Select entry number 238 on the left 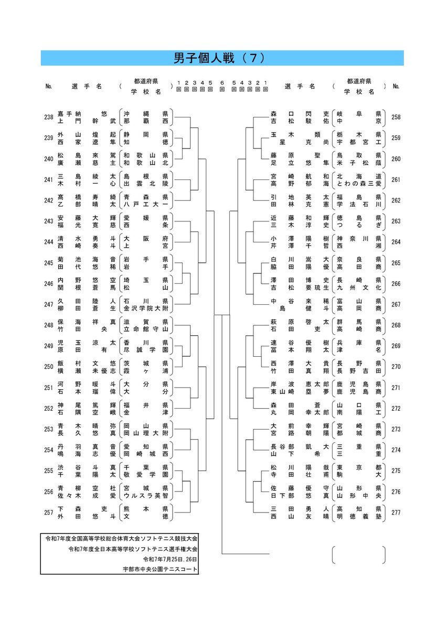pos(49,117)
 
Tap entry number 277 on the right pos(396,512)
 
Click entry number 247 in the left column pos(49,304)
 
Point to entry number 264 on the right pos(396,242)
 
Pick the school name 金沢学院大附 pos(146,308)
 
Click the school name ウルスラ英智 pos(146,496)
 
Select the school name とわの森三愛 pos(359,184)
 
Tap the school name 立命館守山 pos(146,329)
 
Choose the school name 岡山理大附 pos(146,433)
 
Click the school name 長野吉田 pos(359,371)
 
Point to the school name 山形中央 pos(359,496)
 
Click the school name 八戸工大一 pos(146,205)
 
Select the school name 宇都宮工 pos(359,142)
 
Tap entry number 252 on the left pos(49,408)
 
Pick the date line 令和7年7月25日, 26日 pos(170,559)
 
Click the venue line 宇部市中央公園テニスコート pos(160,569)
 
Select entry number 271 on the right pos(396,388)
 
